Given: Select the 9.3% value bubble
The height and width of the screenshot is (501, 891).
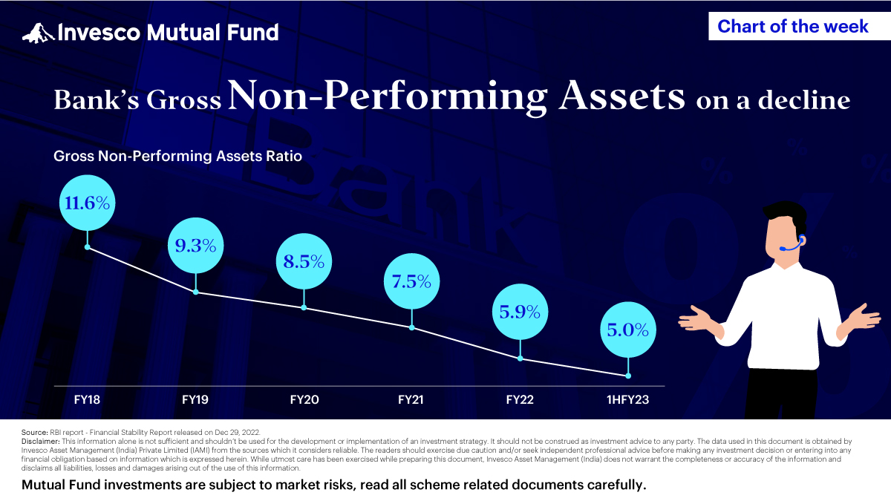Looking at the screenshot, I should click(196, 246).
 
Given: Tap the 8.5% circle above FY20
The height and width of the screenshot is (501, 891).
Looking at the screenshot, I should click(304, 261).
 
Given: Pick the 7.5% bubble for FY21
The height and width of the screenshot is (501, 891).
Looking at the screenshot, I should click(412, 281).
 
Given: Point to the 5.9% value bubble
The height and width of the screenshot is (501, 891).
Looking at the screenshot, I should click(520, 312).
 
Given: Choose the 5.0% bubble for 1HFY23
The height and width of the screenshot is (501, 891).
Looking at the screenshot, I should click(628, 329).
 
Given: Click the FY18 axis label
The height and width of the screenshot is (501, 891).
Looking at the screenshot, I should click(87, 399).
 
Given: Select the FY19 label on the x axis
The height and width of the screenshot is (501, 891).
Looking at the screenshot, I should click(195, 399).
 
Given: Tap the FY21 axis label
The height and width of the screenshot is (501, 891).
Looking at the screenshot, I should click(411, 399).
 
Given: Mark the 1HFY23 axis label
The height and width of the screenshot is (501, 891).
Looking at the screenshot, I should click(628, 399).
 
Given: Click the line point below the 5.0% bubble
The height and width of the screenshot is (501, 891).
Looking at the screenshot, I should click(628, 376).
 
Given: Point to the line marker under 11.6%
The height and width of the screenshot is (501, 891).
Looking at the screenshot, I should click(88, 246).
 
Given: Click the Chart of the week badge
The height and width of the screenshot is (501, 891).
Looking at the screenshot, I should click(793, 27).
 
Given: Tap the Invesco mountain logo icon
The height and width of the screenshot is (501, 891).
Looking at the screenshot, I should click(38, 32).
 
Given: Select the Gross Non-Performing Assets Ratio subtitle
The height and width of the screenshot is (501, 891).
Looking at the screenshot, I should click(178, 157).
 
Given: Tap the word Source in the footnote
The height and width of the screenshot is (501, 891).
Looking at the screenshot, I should click(33, 431).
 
